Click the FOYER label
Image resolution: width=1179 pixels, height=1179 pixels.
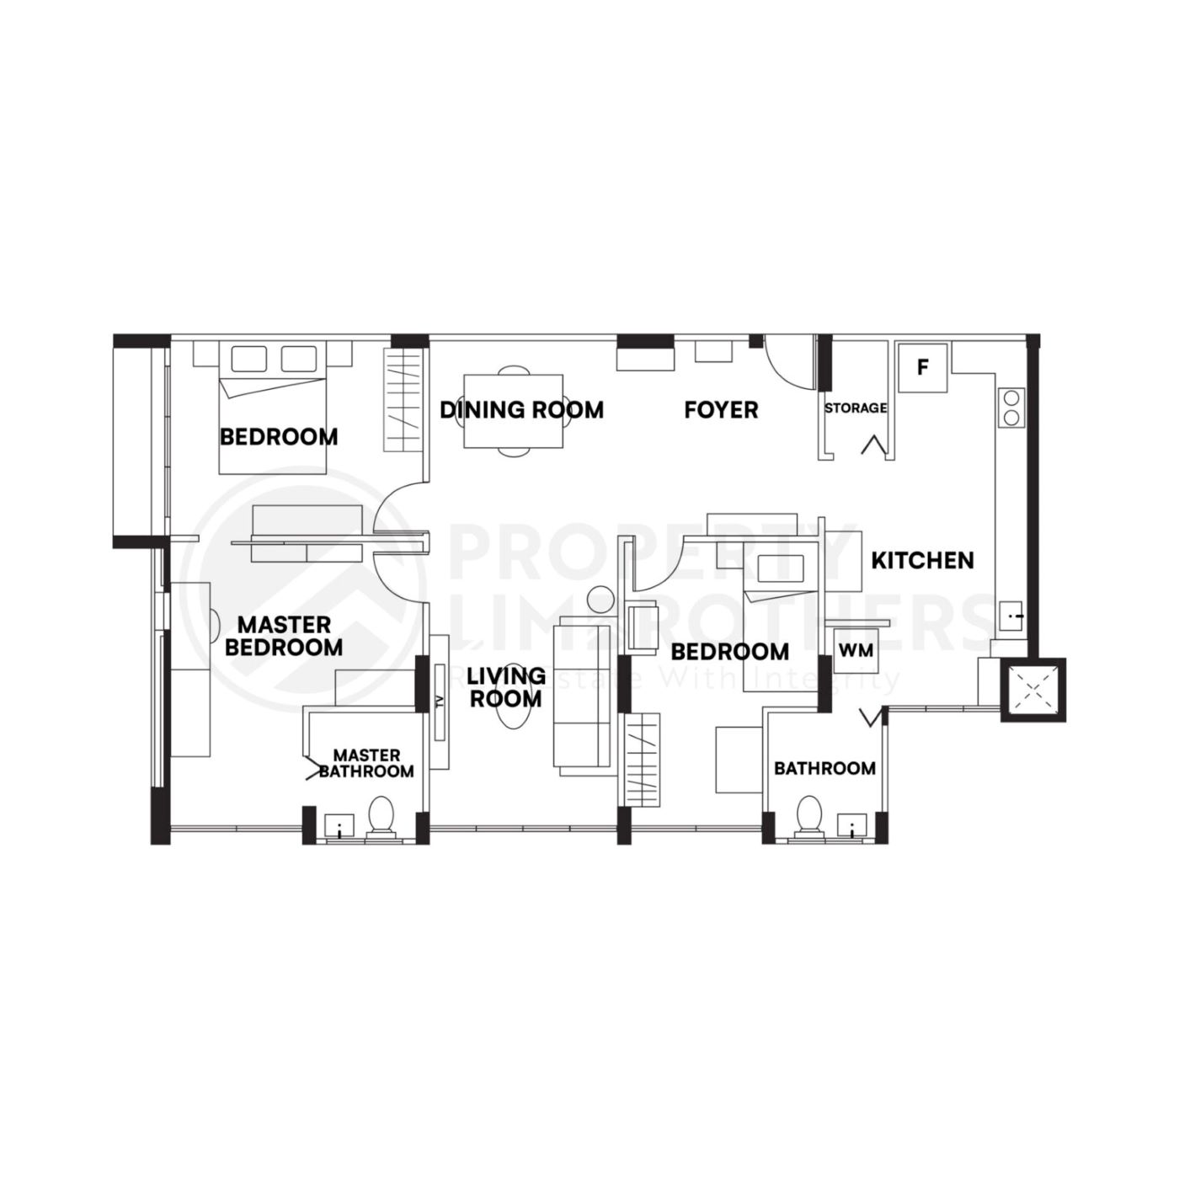721,410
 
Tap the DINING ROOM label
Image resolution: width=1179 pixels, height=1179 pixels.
521,410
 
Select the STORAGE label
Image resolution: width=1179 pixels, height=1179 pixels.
856,408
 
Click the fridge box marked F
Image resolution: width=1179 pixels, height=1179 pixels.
923,367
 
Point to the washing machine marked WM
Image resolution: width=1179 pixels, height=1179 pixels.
856,651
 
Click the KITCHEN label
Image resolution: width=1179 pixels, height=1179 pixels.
922,560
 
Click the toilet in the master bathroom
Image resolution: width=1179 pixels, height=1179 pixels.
381,815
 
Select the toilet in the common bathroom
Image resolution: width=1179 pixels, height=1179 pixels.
809,815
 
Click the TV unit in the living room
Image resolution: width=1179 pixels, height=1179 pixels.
440,702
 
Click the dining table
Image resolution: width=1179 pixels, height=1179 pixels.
514,413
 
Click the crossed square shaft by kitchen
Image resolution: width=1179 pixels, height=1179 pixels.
1033,690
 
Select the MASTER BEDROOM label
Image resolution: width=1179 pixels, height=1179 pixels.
283,636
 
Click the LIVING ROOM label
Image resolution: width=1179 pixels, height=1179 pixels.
506,687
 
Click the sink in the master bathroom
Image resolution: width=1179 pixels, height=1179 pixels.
339,825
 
